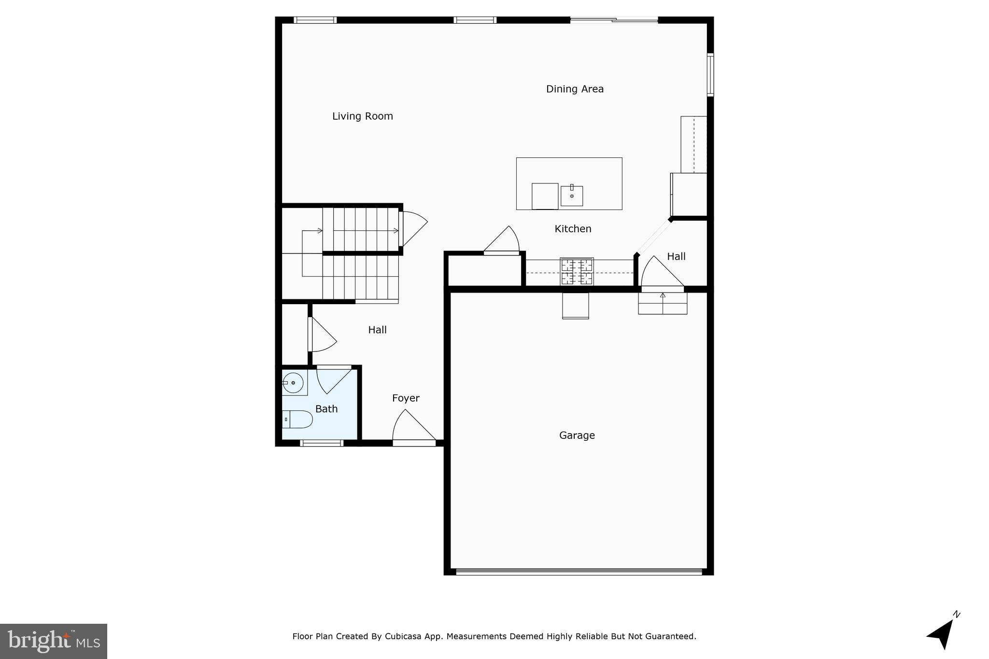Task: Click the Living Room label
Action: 362,116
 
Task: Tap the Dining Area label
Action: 575,89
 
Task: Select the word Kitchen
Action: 573,229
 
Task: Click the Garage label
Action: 577,435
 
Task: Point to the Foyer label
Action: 406,398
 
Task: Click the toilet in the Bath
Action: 297,419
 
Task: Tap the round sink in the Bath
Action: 293,383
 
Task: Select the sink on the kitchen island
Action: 572,196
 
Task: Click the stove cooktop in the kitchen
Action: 577,272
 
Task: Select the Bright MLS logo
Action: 54,641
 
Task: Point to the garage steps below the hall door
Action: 663,304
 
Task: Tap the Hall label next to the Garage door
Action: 676,257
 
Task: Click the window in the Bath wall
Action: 322,443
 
